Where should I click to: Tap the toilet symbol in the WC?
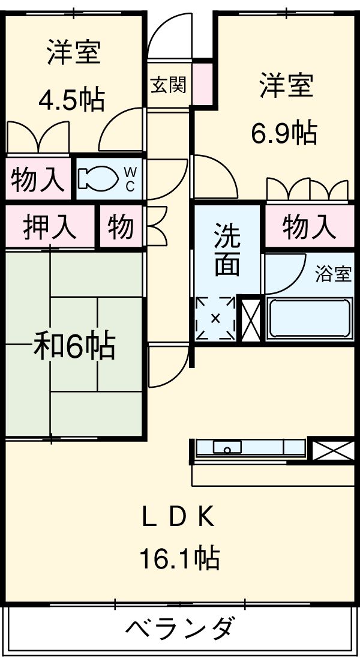[97, 178]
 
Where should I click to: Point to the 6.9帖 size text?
[283, 133]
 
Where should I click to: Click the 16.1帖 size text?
[179, 560]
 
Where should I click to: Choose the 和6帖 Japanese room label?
[74, 346]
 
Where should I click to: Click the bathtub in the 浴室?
[308, 318]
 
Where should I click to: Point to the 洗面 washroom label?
[228, 250]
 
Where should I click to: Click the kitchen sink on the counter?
[227, 447]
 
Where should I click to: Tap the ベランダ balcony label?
[179, 630]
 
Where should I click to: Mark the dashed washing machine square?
[215, 318]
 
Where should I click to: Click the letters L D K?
[178, 517]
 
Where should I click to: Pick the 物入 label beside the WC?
[37, 179]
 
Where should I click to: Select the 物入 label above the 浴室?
[309, 227]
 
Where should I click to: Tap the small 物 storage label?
[121, 226]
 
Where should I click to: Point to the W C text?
[130, 178]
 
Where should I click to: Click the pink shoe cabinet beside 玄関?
[201, 83]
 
